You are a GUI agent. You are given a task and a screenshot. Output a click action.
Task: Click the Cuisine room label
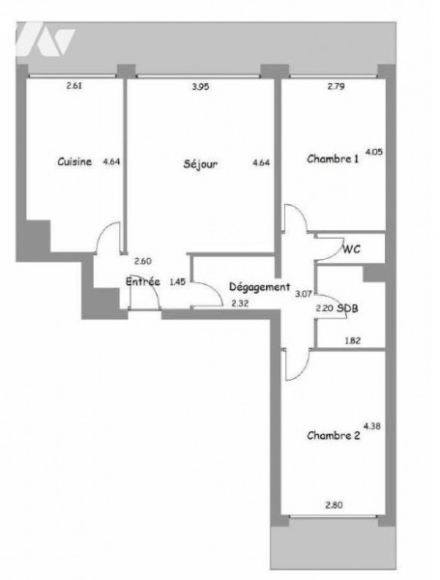coord(74,161)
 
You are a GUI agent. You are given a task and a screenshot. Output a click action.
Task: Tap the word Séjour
coord(200,164)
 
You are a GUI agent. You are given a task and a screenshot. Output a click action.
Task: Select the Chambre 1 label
coord(333,159)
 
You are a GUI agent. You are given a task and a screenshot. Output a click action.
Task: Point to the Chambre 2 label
coord(334,435)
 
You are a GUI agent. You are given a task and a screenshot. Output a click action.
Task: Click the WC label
coord(351,249)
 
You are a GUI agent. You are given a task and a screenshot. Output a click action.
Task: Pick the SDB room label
coord(347,308)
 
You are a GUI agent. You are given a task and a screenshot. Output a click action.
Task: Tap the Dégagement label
coord(259,287)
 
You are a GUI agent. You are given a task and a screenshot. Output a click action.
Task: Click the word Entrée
coord(143,282)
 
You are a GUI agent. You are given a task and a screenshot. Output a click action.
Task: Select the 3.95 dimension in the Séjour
coord(200,87)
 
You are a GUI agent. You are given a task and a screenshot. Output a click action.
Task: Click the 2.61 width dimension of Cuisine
coord(74,86)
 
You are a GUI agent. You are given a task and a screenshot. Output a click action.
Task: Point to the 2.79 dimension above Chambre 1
coord(337,87)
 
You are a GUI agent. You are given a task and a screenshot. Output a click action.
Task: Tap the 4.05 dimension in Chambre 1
coord(374,152)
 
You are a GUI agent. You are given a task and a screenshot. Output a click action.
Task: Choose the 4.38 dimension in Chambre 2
coord(372,426)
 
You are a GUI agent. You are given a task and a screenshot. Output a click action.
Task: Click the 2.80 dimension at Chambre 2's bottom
coord(335,505)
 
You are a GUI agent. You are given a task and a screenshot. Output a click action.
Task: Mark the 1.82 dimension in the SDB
coord(353,340)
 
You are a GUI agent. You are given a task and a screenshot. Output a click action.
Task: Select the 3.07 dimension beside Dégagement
coord(303,295)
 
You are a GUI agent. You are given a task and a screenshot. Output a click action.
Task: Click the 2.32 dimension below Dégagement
coord(240,304)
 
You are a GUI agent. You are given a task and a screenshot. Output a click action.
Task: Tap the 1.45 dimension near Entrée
coord(177,282)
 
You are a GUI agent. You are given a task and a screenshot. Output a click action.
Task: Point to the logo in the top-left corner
coord(46,38)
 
